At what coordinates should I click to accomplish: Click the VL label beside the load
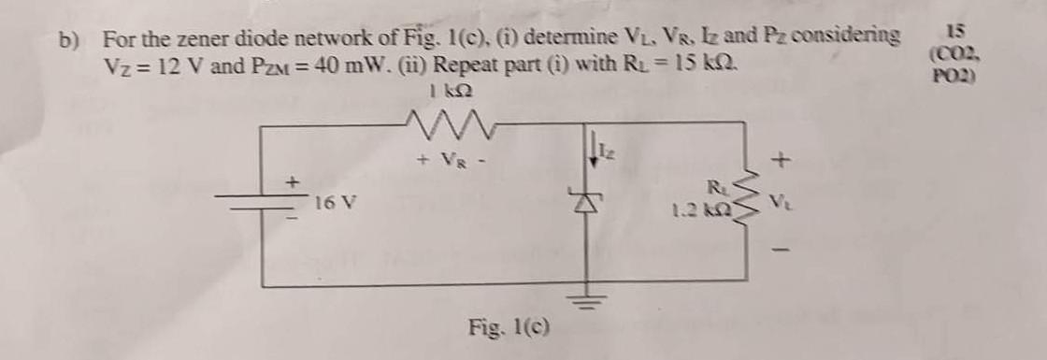pos(780,200)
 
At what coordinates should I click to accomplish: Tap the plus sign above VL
pos(782,163)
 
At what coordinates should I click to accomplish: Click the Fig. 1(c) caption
pos(509,328)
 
